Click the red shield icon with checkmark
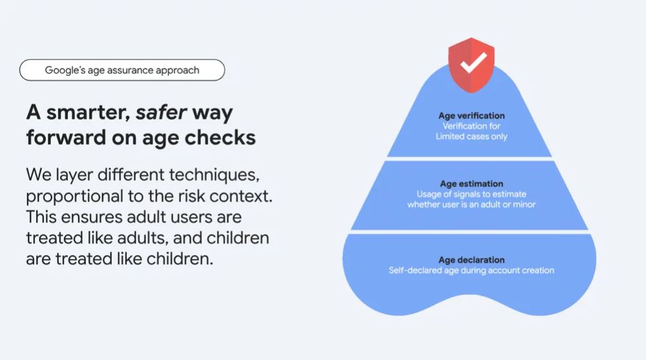click(472, 65)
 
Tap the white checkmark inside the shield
click(474, 63)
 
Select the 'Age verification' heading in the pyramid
click(472, 116)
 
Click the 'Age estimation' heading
click(472, 184)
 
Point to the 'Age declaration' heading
click(472, 260)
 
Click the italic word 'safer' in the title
click(161, 112)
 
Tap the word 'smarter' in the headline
click(88, 112)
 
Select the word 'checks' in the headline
click(220, 137)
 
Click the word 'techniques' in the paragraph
click(214, 175)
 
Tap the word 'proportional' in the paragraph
click(75, 197)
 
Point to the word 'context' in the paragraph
click(241, 196)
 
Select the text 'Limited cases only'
click(472, 136)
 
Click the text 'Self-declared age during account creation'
click(472, 270)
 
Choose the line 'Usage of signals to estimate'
click(472, 194)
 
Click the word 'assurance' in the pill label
click(129, 71)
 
